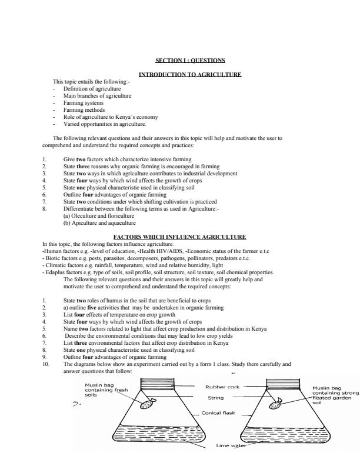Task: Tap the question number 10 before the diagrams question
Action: coord(46,364)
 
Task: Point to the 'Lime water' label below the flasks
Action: coord(231,446)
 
